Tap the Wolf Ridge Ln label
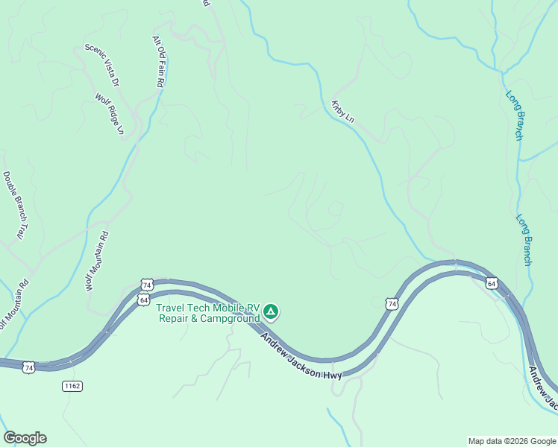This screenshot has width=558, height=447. coord(110,114)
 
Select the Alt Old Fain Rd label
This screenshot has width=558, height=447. coord(158,63)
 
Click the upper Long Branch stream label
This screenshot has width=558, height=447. coord(515,115)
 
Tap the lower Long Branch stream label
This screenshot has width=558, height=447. coord(524,240)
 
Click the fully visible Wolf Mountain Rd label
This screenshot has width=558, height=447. coord(97,261)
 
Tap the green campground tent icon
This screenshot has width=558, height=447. coord(271,311)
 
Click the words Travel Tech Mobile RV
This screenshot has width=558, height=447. coord(207,308)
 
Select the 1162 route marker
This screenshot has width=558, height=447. coord(72,386)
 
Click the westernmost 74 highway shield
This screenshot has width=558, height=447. coord(28,367)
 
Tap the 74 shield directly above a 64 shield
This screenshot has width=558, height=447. coord(146,285)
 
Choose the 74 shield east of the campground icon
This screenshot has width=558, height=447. coord(392,303)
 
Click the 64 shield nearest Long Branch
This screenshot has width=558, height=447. coord(491,283)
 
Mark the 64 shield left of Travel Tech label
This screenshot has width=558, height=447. coord(142,299)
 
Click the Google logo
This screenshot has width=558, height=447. coord(25,438)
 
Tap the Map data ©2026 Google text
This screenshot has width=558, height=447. coord(511,441)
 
